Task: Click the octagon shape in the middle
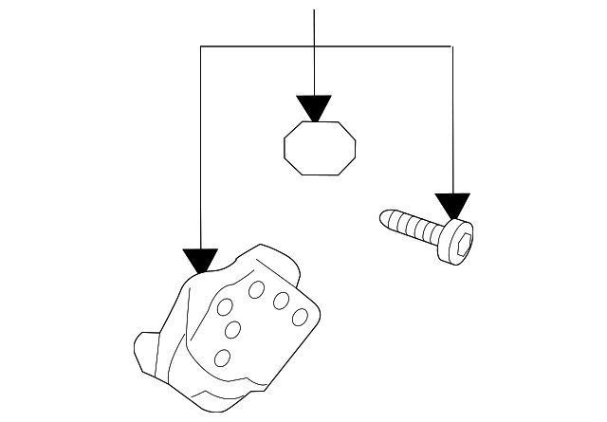click(x=321, y=148)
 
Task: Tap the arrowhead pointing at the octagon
click(x=313, y=107)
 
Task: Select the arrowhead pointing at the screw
click(x=452, y=206)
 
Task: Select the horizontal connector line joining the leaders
click(x=379, y=46)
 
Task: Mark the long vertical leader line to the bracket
click(x=201, y=152)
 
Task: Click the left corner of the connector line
click(x=201, y=46)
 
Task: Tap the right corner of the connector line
click(x=452, y=46)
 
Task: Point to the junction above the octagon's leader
click(x=313, y=46)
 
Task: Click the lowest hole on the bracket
click(x=223, y=357)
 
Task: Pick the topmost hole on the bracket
click(x=257, y=290)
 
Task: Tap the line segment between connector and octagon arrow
click(x=313, y=70)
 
